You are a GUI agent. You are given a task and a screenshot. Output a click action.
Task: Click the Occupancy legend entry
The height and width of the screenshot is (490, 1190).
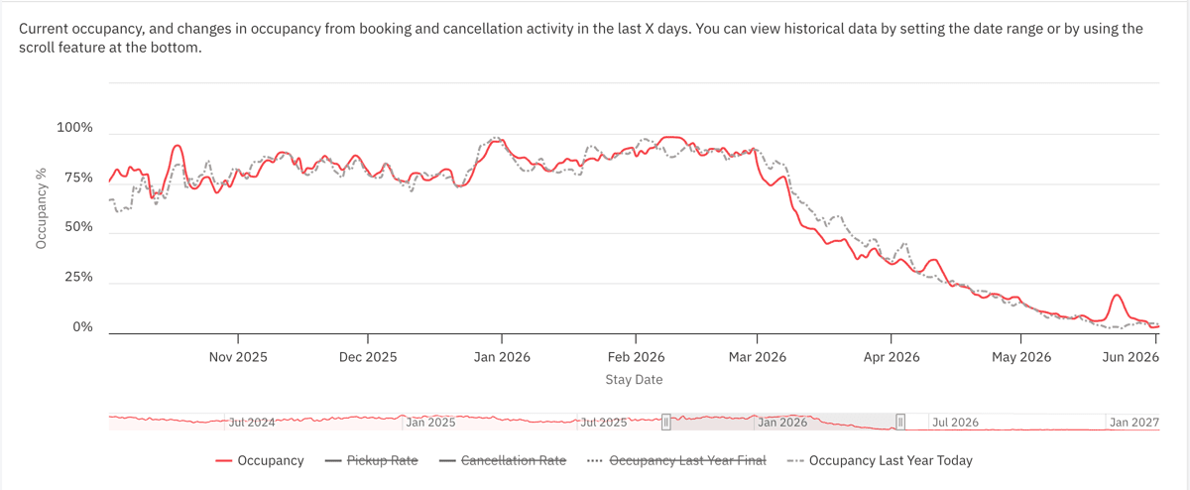260,460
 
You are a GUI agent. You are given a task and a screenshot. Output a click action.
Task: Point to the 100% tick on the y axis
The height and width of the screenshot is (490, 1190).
74,128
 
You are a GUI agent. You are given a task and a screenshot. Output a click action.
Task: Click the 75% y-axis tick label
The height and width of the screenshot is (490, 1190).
77,178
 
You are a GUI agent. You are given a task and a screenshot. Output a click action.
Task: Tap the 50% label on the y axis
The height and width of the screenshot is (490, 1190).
77,227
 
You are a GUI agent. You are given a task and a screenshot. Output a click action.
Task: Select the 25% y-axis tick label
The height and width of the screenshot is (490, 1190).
77,278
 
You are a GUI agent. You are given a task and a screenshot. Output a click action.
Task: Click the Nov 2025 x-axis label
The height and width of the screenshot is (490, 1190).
237,357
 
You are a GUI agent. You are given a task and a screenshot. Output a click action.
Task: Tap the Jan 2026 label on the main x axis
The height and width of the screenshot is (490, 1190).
501,357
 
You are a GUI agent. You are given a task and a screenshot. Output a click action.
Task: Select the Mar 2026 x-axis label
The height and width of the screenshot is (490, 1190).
757,357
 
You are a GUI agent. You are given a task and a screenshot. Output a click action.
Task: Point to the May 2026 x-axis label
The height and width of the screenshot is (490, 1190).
1021,357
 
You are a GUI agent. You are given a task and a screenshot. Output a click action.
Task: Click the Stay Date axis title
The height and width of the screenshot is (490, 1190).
634,379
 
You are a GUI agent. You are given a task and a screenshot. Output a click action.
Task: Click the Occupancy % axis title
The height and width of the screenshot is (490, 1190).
42,207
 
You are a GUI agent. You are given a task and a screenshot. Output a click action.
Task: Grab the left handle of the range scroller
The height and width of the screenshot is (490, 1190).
666,422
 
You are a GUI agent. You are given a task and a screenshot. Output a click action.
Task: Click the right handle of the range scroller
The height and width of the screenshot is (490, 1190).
901,422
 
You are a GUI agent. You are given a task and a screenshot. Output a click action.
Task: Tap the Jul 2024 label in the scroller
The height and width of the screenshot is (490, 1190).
252,422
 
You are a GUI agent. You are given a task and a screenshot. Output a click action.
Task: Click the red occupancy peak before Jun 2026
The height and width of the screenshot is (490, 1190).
1117,295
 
